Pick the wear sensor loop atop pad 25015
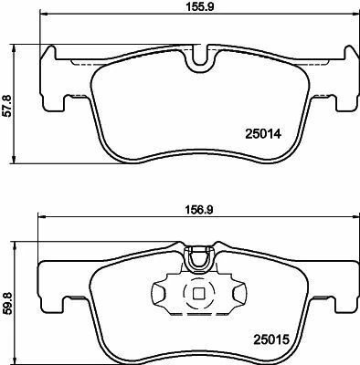click(x=196, y=259)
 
